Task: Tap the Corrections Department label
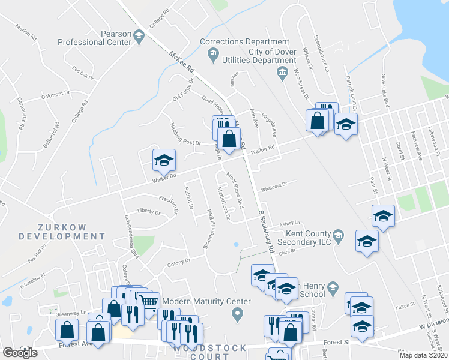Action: [x=244, y=42]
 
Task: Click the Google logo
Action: [x=20, y=353]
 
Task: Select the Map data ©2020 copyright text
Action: [x=423, y=355]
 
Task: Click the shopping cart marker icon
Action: [x=149, y=302]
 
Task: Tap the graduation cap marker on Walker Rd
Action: [x=164, y=160]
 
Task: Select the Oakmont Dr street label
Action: [x=56, y=95]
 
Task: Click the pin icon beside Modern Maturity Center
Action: [x=238, y=313]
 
